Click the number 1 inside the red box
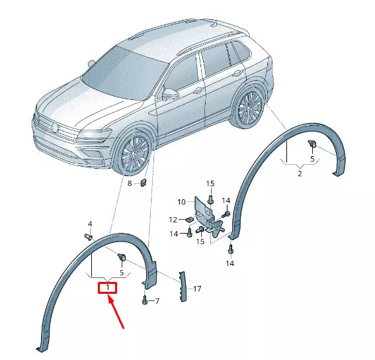click(x=107, y=288)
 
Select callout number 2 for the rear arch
click(x=300, y=173)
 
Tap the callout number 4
click(x=90, y=224)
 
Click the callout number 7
click(x=157, y=301)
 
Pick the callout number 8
click(x=130, y=183)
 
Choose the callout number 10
click(x=181, y=201)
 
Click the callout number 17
click(x=196, y=289)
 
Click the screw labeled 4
click(x=88, y=236)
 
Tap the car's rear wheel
click(x=249, y=108)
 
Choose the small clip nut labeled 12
click(x=188, y=220)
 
